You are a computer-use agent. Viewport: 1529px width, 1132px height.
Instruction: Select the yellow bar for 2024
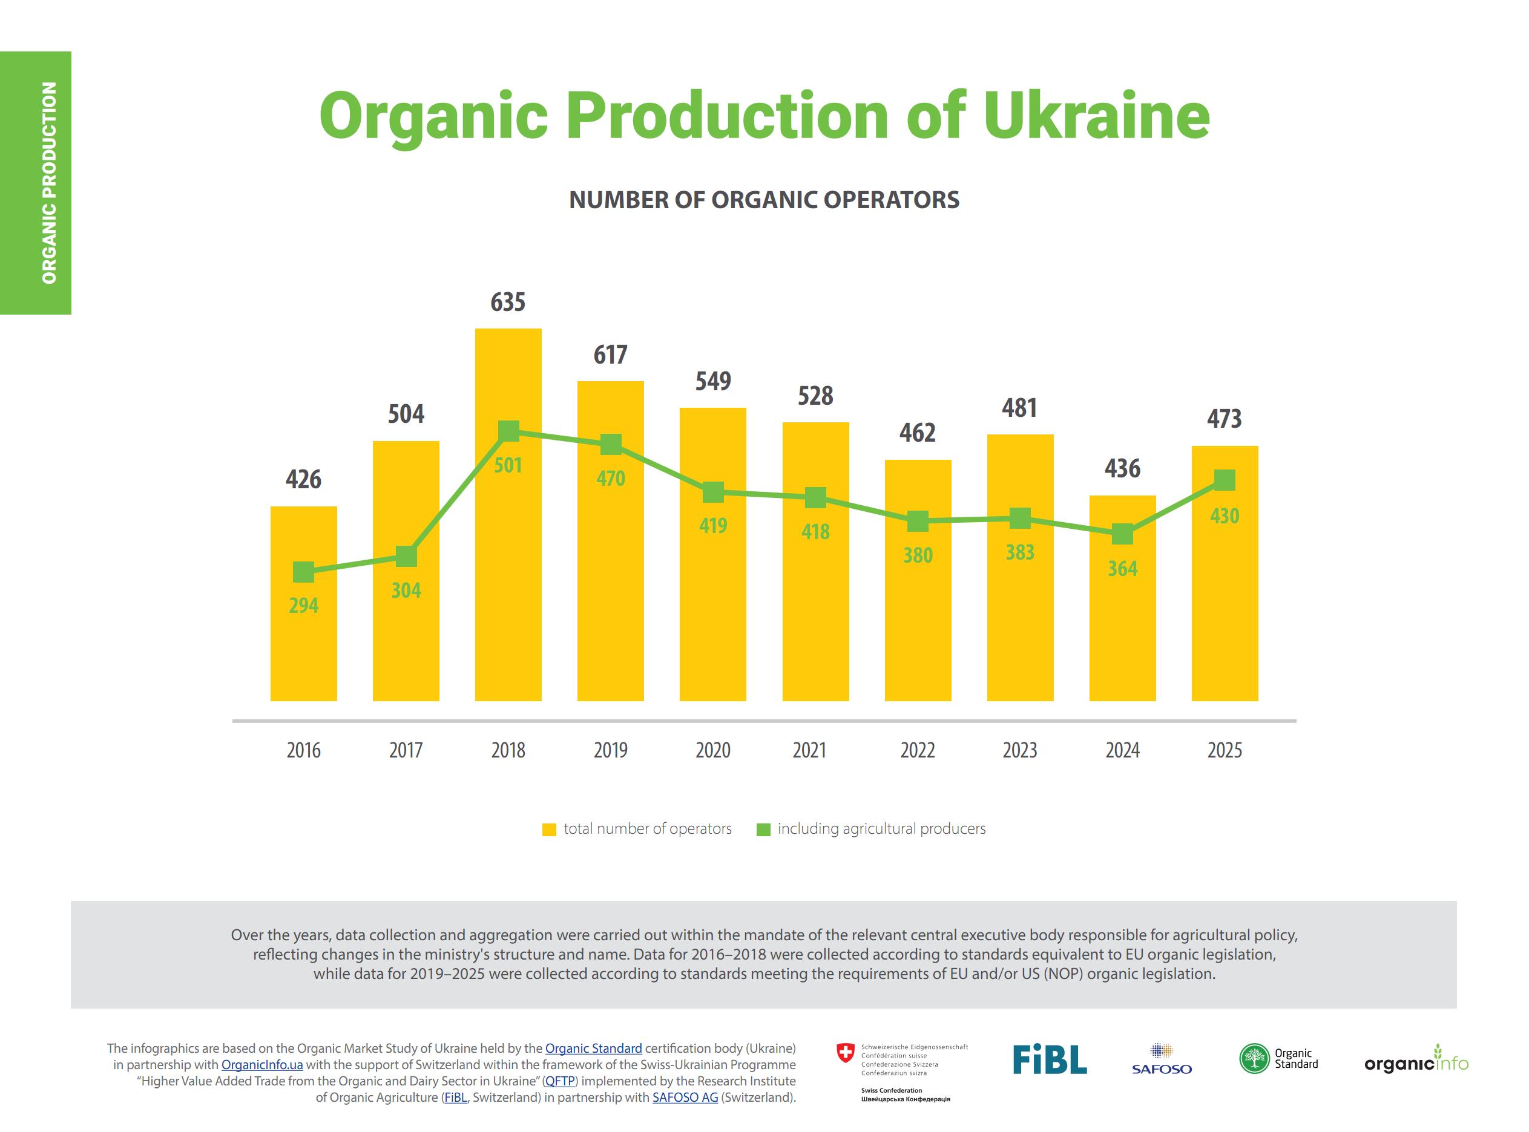pos(1122,598)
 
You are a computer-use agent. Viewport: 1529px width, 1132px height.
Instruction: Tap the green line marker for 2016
pos(304,572)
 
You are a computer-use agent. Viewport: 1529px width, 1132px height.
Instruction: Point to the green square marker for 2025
pos(1224,480)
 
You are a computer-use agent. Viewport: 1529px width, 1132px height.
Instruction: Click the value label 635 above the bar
pos(508,302)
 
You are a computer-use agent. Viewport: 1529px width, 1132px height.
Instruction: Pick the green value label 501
pos(508,465)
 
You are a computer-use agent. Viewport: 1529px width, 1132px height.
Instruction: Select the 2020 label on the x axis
pos(713,750)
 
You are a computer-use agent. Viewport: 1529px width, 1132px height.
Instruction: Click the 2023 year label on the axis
pos(1020,750)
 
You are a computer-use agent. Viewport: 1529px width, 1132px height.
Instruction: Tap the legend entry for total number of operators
pos(637,829)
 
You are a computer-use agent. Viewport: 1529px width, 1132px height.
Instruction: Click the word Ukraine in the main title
pos(1097,115)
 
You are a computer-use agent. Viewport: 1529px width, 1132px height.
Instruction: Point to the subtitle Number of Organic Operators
pos(764,200)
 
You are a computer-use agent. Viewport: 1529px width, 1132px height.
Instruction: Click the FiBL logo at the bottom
pos(1049,1059)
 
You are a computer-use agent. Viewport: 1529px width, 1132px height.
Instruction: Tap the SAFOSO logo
pos(1162,1059)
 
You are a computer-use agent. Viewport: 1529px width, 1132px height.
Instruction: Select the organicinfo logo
pos(1416,1059)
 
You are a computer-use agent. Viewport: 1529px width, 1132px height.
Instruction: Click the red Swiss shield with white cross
pos(846,1053)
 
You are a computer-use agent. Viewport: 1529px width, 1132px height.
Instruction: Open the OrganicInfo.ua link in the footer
pos(262,1065)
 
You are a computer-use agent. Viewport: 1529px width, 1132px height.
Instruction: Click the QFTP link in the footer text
pos(559,1081)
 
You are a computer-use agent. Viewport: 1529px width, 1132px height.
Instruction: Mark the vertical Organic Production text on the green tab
pos(48,183)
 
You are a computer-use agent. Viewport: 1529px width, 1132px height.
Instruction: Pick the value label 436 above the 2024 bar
pos(1122,469)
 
